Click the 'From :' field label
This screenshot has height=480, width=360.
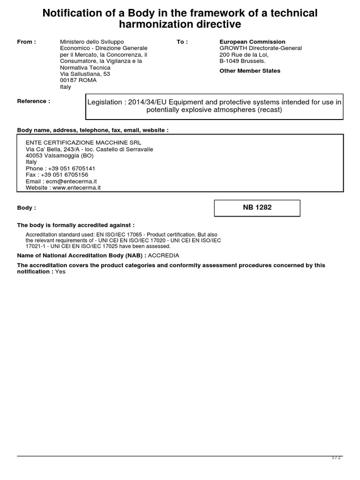tap(26, 42)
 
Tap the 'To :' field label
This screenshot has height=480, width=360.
tap(182, 42)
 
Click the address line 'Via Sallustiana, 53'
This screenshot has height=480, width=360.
tap(85, 74)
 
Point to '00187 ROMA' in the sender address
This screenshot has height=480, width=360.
tap(78, 80)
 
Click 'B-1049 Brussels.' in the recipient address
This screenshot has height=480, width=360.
tap(242, 61)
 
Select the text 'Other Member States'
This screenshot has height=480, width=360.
tap(250, 71)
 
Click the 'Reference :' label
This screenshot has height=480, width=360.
tap(33, 101)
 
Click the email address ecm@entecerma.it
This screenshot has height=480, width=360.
tap(70, 181)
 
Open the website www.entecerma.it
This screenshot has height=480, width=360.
tap(76, 187)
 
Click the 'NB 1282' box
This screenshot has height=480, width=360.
tap(257, 208)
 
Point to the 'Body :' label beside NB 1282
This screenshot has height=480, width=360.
tap(26, 208)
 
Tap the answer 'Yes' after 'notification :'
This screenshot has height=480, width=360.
tap(60, 271)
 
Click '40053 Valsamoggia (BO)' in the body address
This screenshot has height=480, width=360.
tap(59, 156)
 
